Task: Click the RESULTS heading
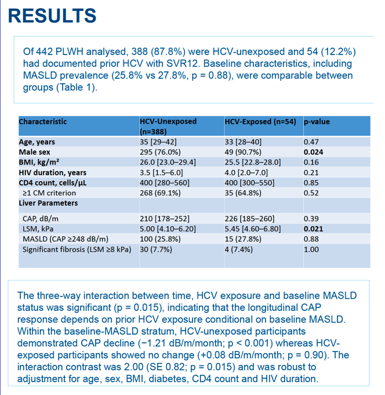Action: [x=52, y=16]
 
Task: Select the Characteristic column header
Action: [x=43, y=122]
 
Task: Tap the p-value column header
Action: [x=317, y=122]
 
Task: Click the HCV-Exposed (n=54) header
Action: [x=260, y=122]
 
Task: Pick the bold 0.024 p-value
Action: [x=313, y=152]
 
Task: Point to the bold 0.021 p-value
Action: [x=313, y=229]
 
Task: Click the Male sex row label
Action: [x=34, y=152]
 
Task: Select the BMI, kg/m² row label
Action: [x=39, y=162]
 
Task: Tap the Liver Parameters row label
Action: [x=48, y=203]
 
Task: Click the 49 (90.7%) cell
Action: [x=243, y=152]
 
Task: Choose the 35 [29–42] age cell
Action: [x=158, y=142]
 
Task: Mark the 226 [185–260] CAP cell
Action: [x=249, y=219]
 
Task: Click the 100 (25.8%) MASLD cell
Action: [x=160, y=239]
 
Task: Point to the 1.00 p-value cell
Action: [x=311, y=249]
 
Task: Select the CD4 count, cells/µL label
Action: [x=53, y=183]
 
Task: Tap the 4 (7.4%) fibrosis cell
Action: [x=239, y=249]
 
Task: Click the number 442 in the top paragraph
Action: [x=44, y=52]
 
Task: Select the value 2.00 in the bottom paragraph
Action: [x=134, y=367]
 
